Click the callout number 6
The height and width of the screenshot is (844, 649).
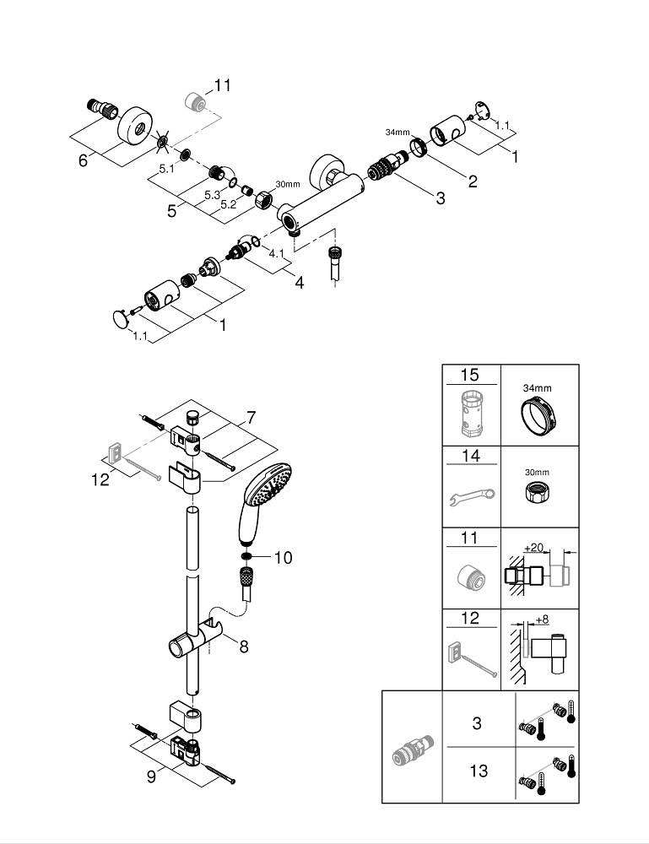coord(83,160)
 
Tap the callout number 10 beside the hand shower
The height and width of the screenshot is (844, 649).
coord(284,558)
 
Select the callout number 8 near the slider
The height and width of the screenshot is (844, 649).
coord(243,647)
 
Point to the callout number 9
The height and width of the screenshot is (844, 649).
coord(151,776)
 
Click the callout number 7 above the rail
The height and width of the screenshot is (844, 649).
coord(250,416)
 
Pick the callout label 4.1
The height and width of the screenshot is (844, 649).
coord(277,252)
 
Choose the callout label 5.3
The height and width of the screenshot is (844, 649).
coord(212,195)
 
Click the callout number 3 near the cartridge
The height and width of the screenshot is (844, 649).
coord(440,198)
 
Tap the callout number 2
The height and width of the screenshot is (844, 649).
coord(473,181)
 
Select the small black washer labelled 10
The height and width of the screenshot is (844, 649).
coord(245,558)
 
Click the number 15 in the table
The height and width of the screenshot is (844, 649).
coord(469,376)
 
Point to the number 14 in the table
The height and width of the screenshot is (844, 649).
coord(469,457)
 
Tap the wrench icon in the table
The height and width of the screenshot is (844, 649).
coord(471,498)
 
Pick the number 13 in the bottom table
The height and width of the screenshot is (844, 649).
coord(479,771)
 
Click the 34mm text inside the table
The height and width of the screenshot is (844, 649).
coord(538,389)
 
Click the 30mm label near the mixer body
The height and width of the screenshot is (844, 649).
coord(287,184)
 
